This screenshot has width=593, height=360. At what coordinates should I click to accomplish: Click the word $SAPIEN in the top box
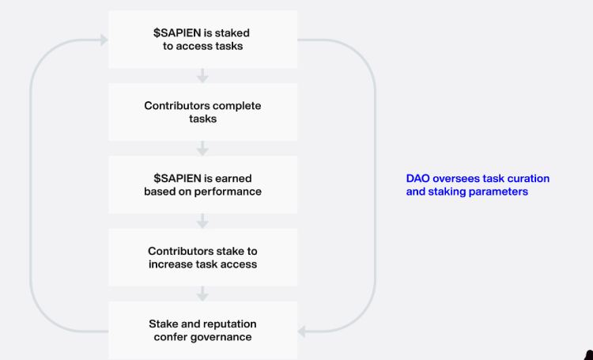pos(177,33)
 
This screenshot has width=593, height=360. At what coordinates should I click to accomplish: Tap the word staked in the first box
pos(232,33)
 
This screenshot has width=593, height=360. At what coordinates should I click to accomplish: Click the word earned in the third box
pos(233,178)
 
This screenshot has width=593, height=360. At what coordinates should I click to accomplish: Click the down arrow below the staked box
pos(202,76)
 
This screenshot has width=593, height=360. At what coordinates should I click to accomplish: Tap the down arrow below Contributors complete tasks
pos(202,149)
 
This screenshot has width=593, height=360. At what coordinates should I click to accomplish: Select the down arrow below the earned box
pos(202,221)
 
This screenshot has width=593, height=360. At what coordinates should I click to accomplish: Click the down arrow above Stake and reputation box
pos(202,294)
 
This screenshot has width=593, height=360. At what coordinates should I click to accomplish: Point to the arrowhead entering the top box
pos(104,40)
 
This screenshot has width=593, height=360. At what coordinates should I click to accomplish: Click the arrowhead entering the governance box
pos(302,332)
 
